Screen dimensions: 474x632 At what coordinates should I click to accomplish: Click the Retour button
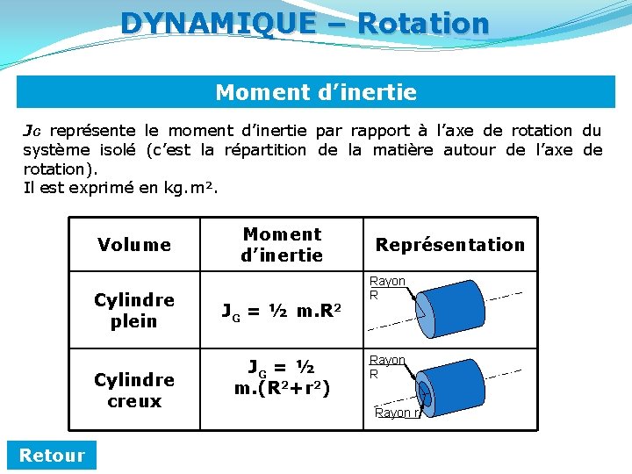pos(52,455)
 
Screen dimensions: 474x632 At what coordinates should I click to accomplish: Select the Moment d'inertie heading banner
pos(316,92)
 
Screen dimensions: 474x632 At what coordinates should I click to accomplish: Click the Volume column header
pos(134,245)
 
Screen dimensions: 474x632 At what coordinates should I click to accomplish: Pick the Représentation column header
pos(449,245)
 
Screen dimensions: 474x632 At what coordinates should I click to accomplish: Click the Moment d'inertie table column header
pos(282,245)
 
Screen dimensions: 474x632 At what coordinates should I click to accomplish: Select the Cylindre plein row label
pos(134,310)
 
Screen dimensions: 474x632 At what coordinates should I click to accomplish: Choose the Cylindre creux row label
pos(134,390)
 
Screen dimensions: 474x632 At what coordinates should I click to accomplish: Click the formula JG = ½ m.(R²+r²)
pos(282,377)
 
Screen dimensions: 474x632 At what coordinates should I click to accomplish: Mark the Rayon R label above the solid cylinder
pos(386,287)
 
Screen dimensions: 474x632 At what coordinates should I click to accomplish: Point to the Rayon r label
pos(397,413)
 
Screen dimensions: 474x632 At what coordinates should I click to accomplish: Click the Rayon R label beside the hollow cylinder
pos(386,366)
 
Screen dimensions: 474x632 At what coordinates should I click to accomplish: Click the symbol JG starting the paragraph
pos(31,132)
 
